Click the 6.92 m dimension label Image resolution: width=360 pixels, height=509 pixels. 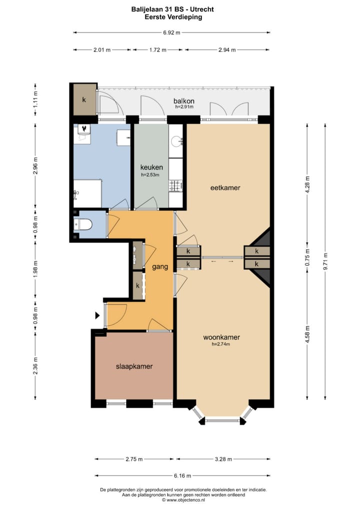171,32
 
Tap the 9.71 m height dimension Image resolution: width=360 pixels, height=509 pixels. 325,260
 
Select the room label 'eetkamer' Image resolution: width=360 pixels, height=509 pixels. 225,188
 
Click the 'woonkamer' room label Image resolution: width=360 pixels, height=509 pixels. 221,337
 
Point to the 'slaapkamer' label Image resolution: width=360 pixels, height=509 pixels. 134,366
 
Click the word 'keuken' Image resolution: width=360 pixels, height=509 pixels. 150,167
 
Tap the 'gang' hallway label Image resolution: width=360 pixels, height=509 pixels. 160,267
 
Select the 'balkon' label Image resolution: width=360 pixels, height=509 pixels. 184,101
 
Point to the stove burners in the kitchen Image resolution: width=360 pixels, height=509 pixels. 175,185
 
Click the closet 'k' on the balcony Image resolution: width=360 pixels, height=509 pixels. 83,99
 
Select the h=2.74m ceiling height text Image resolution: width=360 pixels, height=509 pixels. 221,344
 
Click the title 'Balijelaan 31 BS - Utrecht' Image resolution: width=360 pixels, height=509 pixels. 172,9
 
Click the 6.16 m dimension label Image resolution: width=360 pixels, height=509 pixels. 183,475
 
